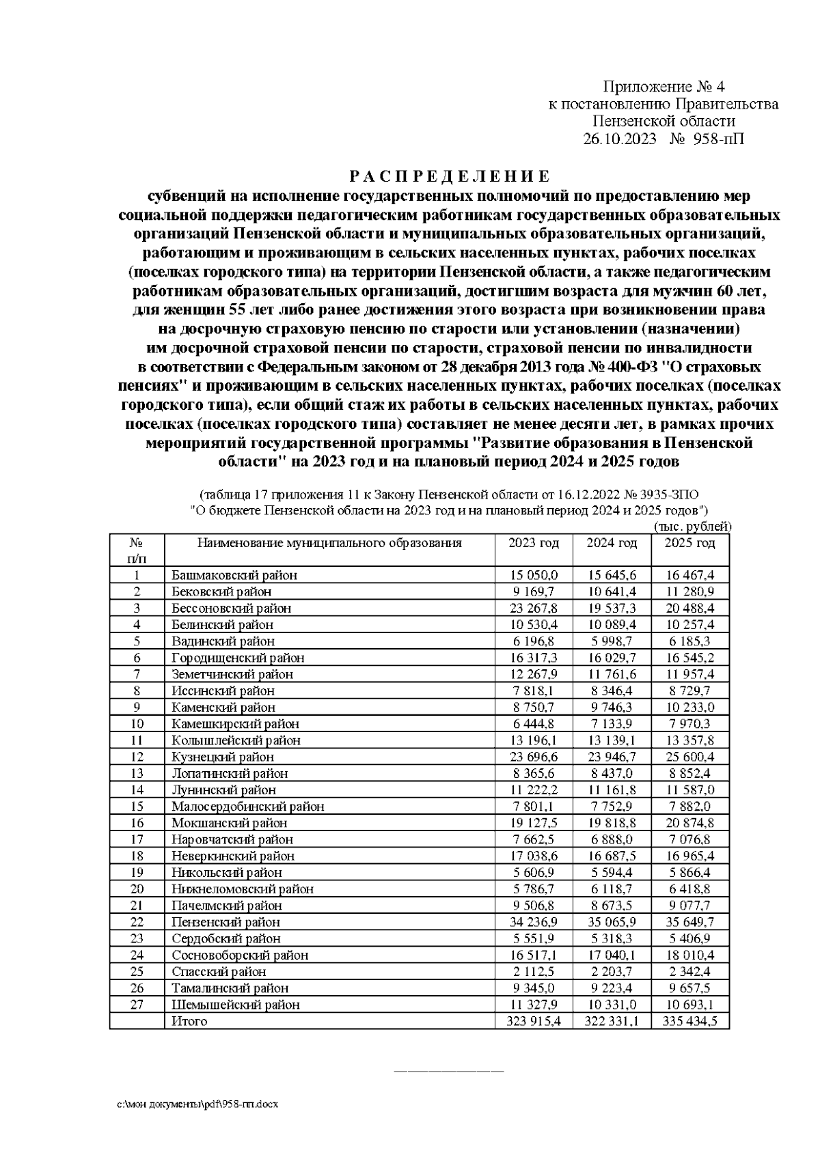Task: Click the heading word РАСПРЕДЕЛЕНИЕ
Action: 449,177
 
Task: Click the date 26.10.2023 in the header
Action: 619,139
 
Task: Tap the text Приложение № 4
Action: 663,87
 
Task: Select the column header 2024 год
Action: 612,543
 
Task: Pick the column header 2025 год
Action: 690,543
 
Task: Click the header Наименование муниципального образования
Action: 329,543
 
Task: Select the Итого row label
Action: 189,1021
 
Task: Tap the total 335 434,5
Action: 690,1021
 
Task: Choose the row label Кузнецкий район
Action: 223,757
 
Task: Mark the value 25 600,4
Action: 690,757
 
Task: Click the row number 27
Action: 137,1004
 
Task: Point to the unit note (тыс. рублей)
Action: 692,527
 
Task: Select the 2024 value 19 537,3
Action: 612,608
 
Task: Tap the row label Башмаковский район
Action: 234,575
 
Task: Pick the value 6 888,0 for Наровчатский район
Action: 612,839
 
